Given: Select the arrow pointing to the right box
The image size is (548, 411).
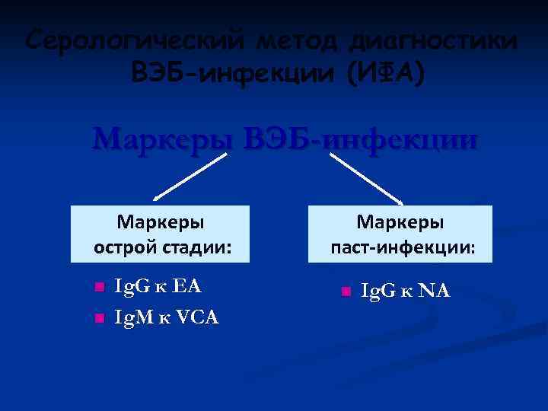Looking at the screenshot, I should pyautogui.click(x=368, y=179).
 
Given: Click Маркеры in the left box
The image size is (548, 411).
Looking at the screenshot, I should pyautogui.click(x=160, y=223).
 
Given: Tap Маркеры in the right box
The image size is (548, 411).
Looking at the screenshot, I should pyautogui.click(x=400, y=223).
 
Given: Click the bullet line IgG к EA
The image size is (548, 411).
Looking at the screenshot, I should pyautogui.click(x=157, y=286).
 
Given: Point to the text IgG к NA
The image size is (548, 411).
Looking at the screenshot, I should pyautogui.click(x=405, y=290).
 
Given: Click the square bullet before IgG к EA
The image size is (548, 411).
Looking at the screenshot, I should pyautogui.click(x=97, y=288).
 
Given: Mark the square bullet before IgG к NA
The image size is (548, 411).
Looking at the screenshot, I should pyautogui.click(x=345, y=292).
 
